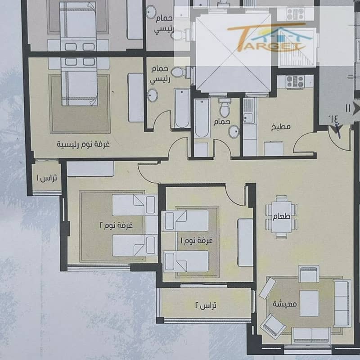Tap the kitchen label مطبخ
(x=281, y=127)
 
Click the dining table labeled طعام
(x=282, y=217)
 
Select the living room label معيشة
(x=285, y=304)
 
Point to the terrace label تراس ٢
(x=206, y=306)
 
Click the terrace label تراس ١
(x=47, y=178)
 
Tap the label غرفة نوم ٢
(x=116, y=225)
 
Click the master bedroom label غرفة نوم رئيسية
(x=83, y=144)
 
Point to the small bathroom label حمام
(x=221, y=121)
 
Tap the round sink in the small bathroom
(x=234, y=132)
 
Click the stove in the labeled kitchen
(x=295, y=82)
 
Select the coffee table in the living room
(x=309, y=303)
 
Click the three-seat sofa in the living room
(x=342, y=303)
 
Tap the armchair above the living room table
(x=308, y=274)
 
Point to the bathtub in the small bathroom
(x=202, y=118)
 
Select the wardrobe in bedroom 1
(x=245, y=243)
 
